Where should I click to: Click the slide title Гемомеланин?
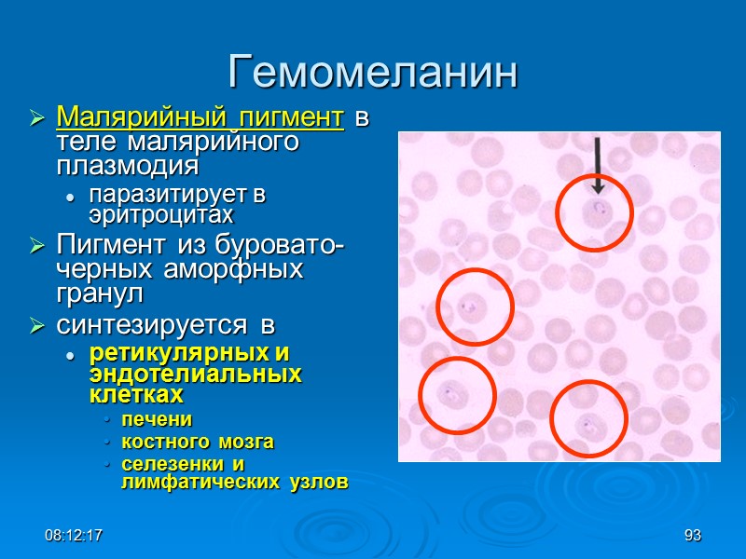point(372,73)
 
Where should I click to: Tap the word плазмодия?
point(128,166)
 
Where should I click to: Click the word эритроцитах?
point(160,214)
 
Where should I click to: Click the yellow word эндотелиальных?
point(196,375)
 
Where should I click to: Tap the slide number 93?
point(692,536)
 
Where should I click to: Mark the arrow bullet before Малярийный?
point(37,119)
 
